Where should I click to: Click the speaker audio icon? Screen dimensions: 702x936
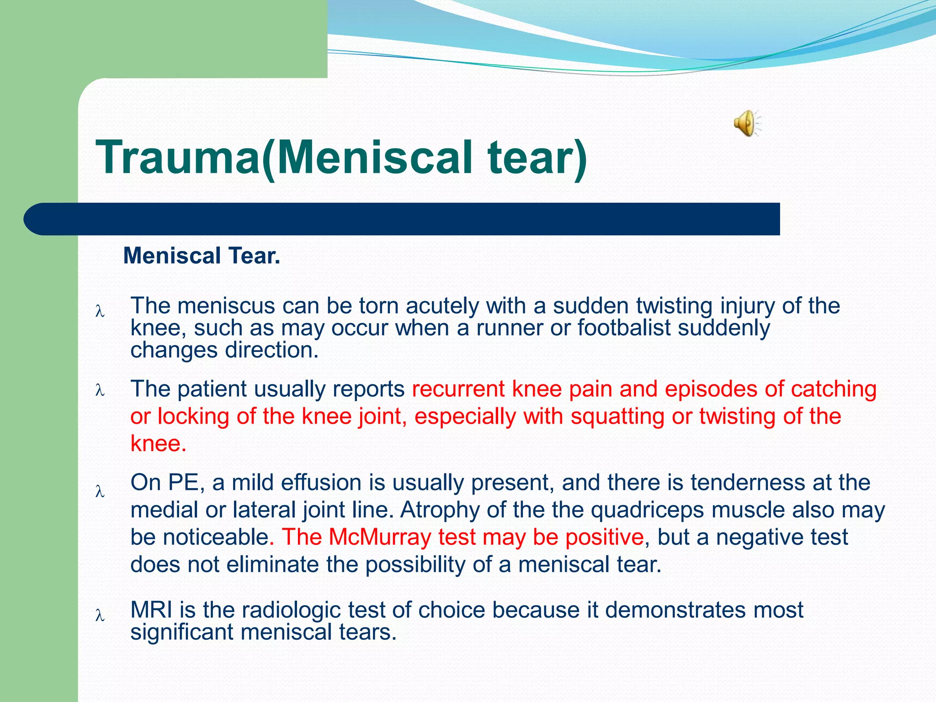pyautogui.click(x=746, y=123)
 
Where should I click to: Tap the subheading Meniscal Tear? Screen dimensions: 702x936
pyautogui.click(x=202, y=255)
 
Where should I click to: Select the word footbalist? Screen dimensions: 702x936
pyautogui.click(x=623, y=328)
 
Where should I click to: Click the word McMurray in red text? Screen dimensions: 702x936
pyautogui.click(x=380, y=537)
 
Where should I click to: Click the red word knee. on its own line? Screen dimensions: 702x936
pyautogui.click(x=158, y=443)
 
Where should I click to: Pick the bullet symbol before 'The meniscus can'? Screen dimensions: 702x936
pyautogui.click(x=100, y=312)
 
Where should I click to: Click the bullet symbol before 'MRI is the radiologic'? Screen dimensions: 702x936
pyautogui.click(x=100, y=615)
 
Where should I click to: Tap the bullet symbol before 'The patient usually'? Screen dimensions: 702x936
pyautogui.click(x=100, y=390)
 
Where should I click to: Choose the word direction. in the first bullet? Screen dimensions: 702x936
pyautogui.click(x=271, y=350)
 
